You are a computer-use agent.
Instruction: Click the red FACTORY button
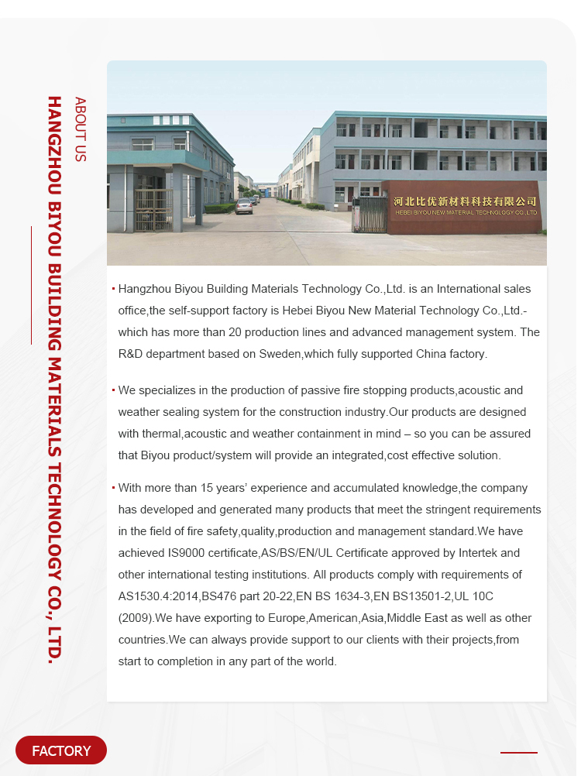click(61, 750)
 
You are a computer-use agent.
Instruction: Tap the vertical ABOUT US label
click(80, 129)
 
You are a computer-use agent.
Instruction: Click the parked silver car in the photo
click(244, 205)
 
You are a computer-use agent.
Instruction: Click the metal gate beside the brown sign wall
click(369, 213)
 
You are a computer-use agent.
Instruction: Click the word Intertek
click(475, 553)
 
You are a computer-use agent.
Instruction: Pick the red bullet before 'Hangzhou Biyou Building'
click(113, 289)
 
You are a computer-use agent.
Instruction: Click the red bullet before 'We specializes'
click(113, 390)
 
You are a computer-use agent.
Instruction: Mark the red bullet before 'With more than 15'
click(113, 488)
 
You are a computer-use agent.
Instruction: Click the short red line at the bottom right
click(518, 752)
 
